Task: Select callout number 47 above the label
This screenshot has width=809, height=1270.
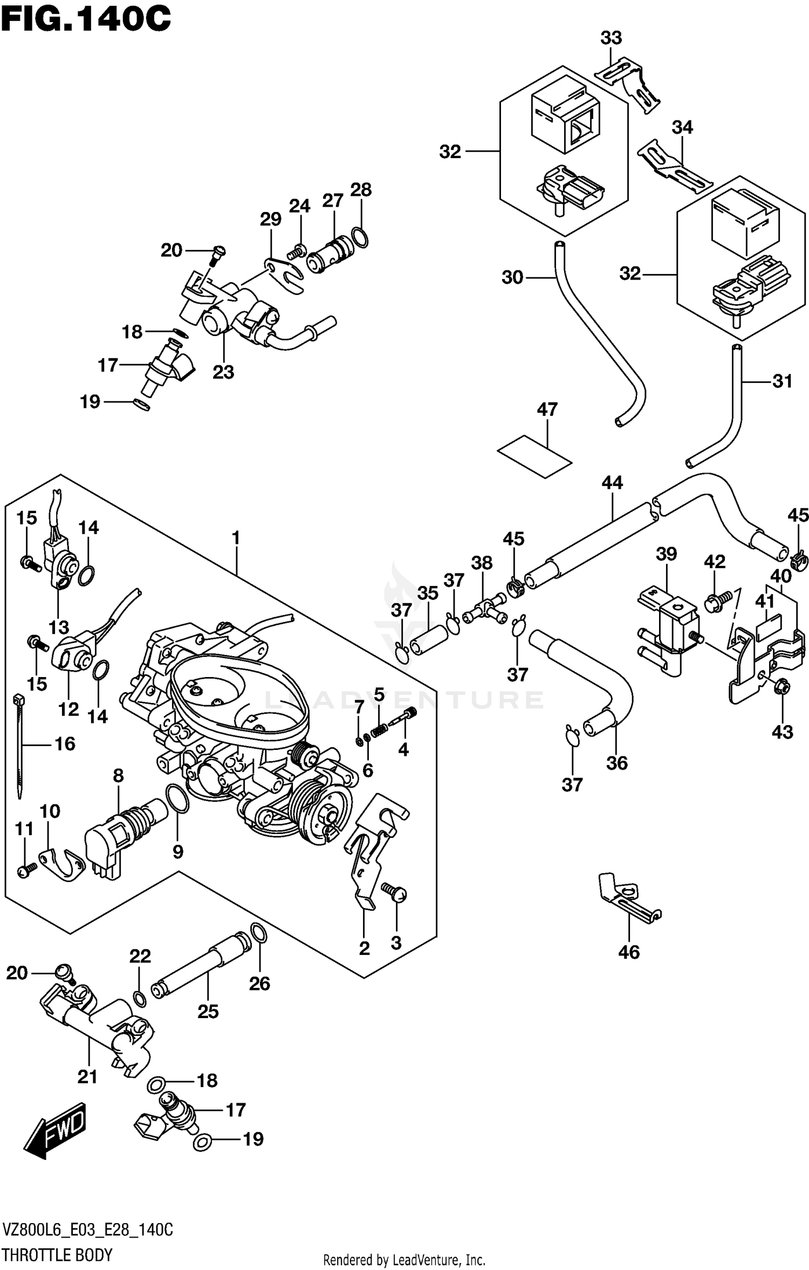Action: [547, 409]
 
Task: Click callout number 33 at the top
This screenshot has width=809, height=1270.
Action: [611, 38]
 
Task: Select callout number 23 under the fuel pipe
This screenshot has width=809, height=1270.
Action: [223, 372]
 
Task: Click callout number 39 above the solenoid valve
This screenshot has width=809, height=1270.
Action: [666, 554]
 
